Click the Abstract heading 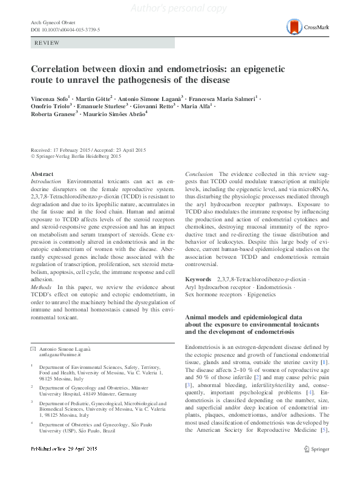(x=42, y=174)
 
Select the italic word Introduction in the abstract (x=45, y=181)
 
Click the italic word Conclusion (x=198, y=174)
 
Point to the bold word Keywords (x=198, y=279)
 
